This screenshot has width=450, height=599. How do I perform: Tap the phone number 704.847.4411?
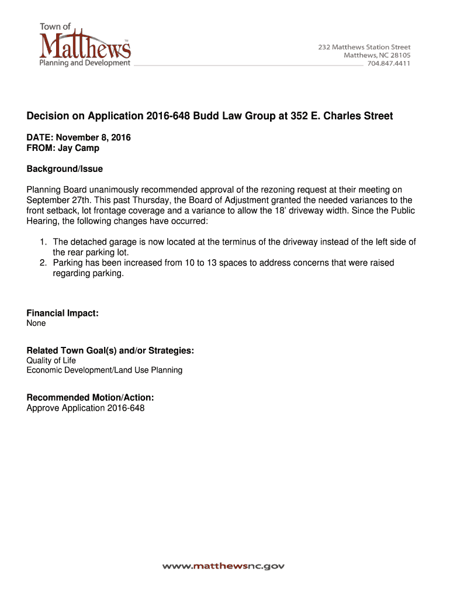(388, 64)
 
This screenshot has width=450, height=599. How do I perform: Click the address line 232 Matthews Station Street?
(364, 47)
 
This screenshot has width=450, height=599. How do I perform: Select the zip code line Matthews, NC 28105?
(376, 55)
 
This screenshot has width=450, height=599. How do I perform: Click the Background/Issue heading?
(64, 169)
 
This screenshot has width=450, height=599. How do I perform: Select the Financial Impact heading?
(62, 314)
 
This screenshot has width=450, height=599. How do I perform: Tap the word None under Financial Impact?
(36, 323)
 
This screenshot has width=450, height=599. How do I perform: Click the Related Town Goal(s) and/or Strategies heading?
(110, 350)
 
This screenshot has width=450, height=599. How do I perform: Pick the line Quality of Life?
(51, 360)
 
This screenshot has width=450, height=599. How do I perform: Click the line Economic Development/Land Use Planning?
(104, 370)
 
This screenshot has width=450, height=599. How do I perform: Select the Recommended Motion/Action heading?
(90, 398)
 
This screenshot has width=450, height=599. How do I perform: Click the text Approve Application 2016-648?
(85, 408)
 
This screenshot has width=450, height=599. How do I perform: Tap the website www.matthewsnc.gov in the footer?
(223, 566)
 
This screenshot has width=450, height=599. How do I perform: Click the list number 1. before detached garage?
(43, 242)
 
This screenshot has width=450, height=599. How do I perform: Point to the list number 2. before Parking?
(43, 263)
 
